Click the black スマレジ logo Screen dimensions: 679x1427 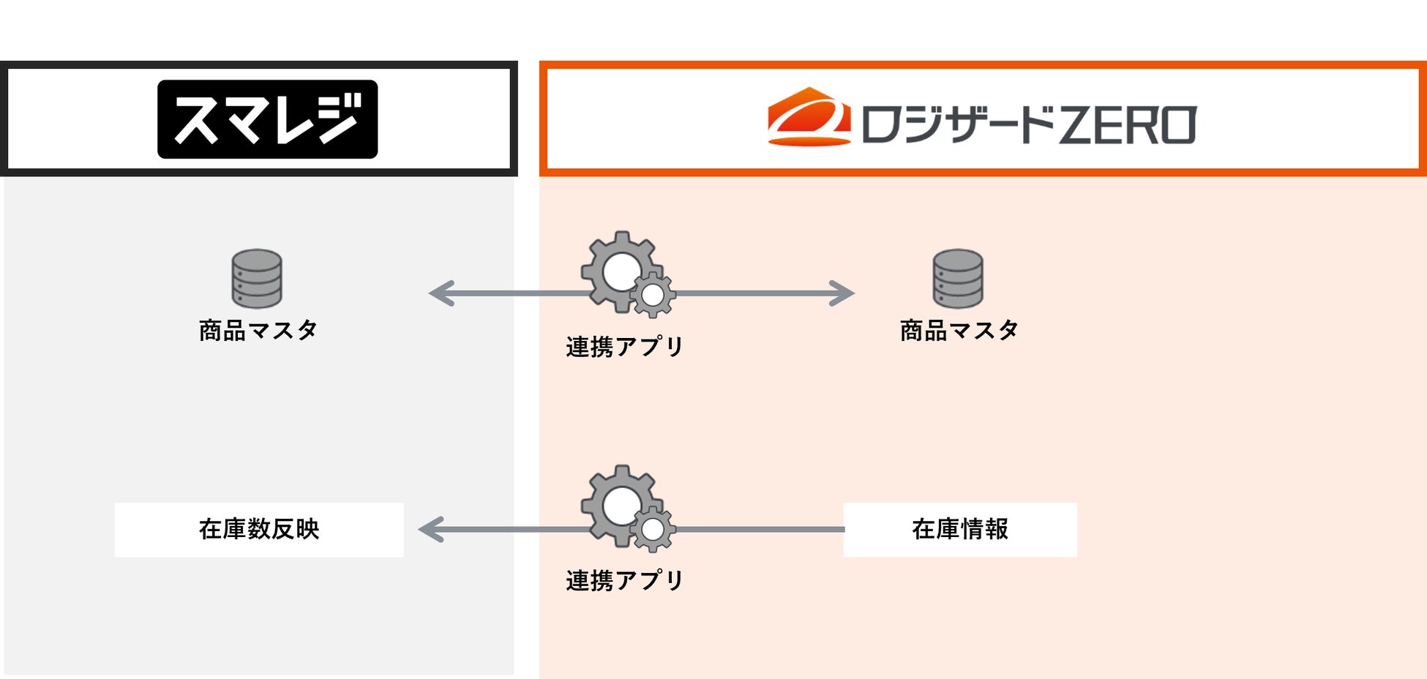(267, 119)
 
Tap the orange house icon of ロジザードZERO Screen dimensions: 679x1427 (809, 118)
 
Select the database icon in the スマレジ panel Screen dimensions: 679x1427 (257, 279)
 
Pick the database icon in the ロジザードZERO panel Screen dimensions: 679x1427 (958, 279)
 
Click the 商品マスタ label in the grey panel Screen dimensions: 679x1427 (258, 331)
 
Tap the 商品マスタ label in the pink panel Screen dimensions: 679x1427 (959, 331)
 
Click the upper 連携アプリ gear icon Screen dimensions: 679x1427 (623, 271)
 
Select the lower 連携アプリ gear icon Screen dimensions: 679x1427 (623, 505)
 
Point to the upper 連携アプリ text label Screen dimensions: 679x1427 (624, 347)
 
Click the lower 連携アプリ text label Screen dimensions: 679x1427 (624, 581)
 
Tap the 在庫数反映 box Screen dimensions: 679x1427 (259, 529)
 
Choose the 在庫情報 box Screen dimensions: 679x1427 (959, 529)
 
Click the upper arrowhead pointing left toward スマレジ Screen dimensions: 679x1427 (441, 293)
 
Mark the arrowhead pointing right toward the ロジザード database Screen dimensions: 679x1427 (842, 293)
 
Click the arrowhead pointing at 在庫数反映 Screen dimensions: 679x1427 (430, 529)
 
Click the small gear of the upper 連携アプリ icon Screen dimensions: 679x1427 (652, 296)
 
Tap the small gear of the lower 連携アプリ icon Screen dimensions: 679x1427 (652, 530)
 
